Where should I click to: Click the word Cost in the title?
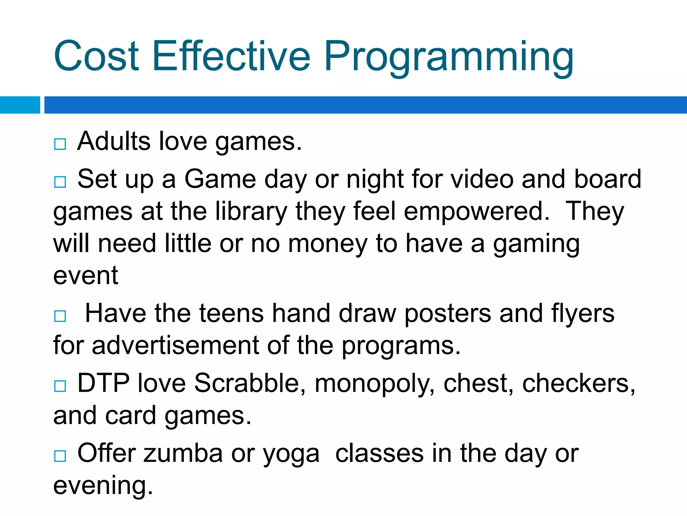(96, 56)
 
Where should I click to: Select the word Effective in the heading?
(231, 56)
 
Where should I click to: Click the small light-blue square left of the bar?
(20, 105)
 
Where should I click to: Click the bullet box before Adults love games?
(60, 144)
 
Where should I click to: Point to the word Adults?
(113, 141)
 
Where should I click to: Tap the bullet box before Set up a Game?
(60, 182)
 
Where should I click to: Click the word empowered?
(477, 212)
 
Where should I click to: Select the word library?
(251, 212)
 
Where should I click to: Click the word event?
(86, 275)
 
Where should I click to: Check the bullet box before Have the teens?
(60, 316)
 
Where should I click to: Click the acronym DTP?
(103, 383)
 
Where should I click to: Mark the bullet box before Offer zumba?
(60, 456)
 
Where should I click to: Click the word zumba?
(183, 454)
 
